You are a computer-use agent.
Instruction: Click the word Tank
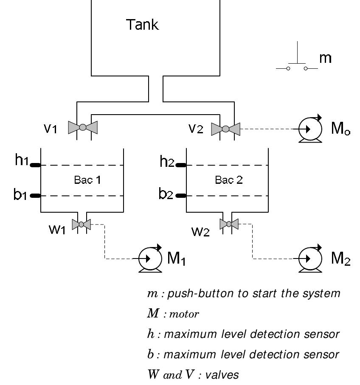[142, 25]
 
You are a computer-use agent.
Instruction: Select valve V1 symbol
[83, 127]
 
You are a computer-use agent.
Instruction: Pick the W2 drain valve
[229, 224]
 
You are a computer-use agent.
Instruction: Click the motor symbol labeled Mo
[309, 127]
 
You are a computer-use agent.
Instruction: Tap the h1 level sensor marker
[35, 165]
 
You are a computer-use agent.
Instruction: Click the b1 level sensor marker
[35, 196]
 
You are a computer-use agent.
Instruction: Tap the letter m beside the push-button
[325, 58]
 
